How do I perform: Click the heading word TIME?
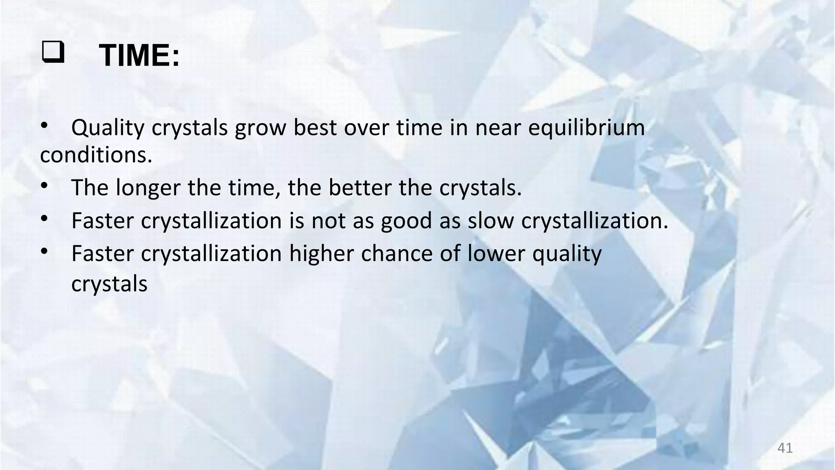point(139,55)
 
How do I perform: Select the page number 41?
point(785,448)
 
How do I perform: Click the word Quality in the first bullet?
point(108,128)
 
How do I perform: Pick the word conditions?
point(96,155)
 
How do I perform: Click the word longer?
point(148,188)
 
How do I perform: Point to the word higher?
point(321,253)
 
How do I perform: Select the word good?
point(406,221)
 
